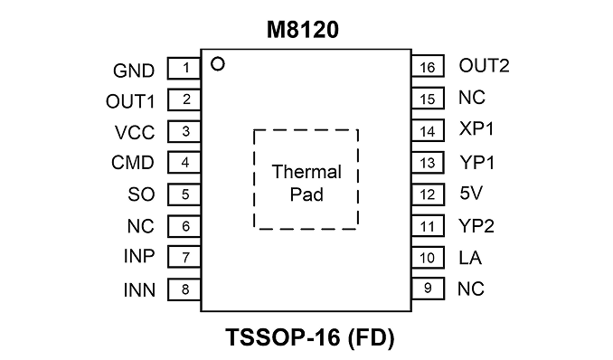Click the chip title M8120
(x=303, y=30)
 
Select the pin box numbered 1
(x=184, y=69)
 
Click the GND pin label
(x=134, y=71)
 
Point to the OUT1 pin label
(x=130, y=101)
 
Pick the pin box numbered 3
(x=184, y=131)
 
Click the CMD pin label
(x=133, y=163)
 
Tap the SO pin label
(x=141, y=194)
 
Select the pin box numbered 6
(x=184, y=226)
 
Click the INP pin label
(x=139, y=256)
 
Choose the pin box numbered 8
(x=184, y=289)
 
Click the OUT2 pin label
(x=484, y=66)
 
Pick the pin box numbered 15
(x=428, y=99)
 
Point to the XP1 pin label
(x=476, y=128)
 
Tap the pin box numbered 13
(x=428, y=163)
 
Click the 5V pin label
(x=471, y=193)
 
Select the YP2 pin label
(x=476, y=226)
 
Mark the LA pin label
(x=470, y=258)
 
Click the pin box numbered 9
(x=428, y=289)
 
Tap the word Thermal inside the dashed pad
(x=306, y=172)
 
